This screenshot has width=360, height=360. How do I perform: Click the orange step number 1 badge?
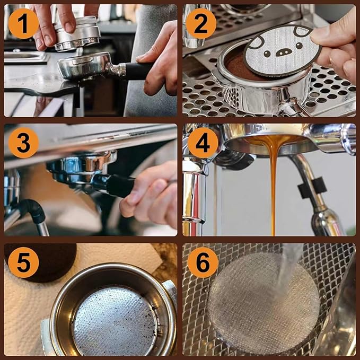23,24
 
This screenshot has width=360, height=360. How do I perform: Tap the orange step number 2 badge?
201,24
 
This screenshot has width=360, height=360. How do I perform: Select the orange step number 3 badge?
23,143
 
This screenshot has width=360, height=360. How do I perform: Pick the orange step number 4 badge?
203,143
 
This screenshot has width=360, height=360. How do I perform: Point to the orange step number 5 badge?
23,262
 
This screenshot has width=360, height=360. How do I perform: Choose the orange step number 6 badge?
203,262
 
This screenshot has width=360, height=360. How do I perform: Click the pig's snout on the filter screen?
284,52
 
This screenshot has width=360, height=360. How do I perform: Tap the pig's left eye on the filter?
267,54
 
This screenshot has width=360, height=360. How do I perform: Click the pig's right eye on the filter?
299,46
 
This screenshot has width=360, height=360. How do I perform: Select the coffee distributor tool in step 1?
77,33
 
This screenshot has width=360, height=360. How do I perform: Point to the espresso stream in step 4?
273,183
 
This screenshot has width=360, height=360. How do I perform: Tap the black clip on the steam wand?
312,188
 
